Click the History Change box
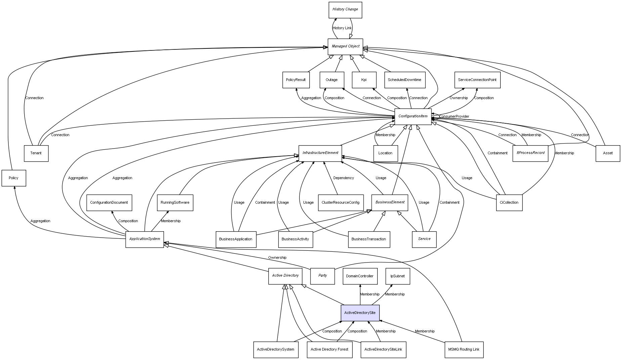tap(345, 10)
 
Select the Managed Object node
tap(345, 46)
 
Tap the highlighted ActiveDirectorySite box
tap(360, 313)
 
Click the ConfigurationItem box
tap(413, 117)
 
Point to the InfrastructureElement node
tap(320, 153)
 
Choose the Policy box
tap(13, 178)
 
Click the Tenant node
tap(36, 153)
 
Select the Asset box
tap(608, 153)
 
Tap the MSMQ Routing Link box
tap(464, 350)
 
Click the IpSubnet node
tap(398, 276)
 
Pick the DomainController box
tap(360, 276)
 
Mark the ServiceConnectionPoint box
tap(477, 80)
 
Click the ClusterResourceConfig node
tap(340, 203)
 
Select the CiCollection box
tap(509, 203)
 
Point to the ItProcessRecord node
tap(530, 153)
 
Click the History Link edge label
tap(342, 28)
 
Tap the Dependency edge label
tap(343, 178)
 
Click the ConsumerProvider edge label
tap(454, 117)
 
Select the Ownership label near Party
tap(277, 258)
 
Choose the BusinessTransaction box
tap(369, 239)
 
